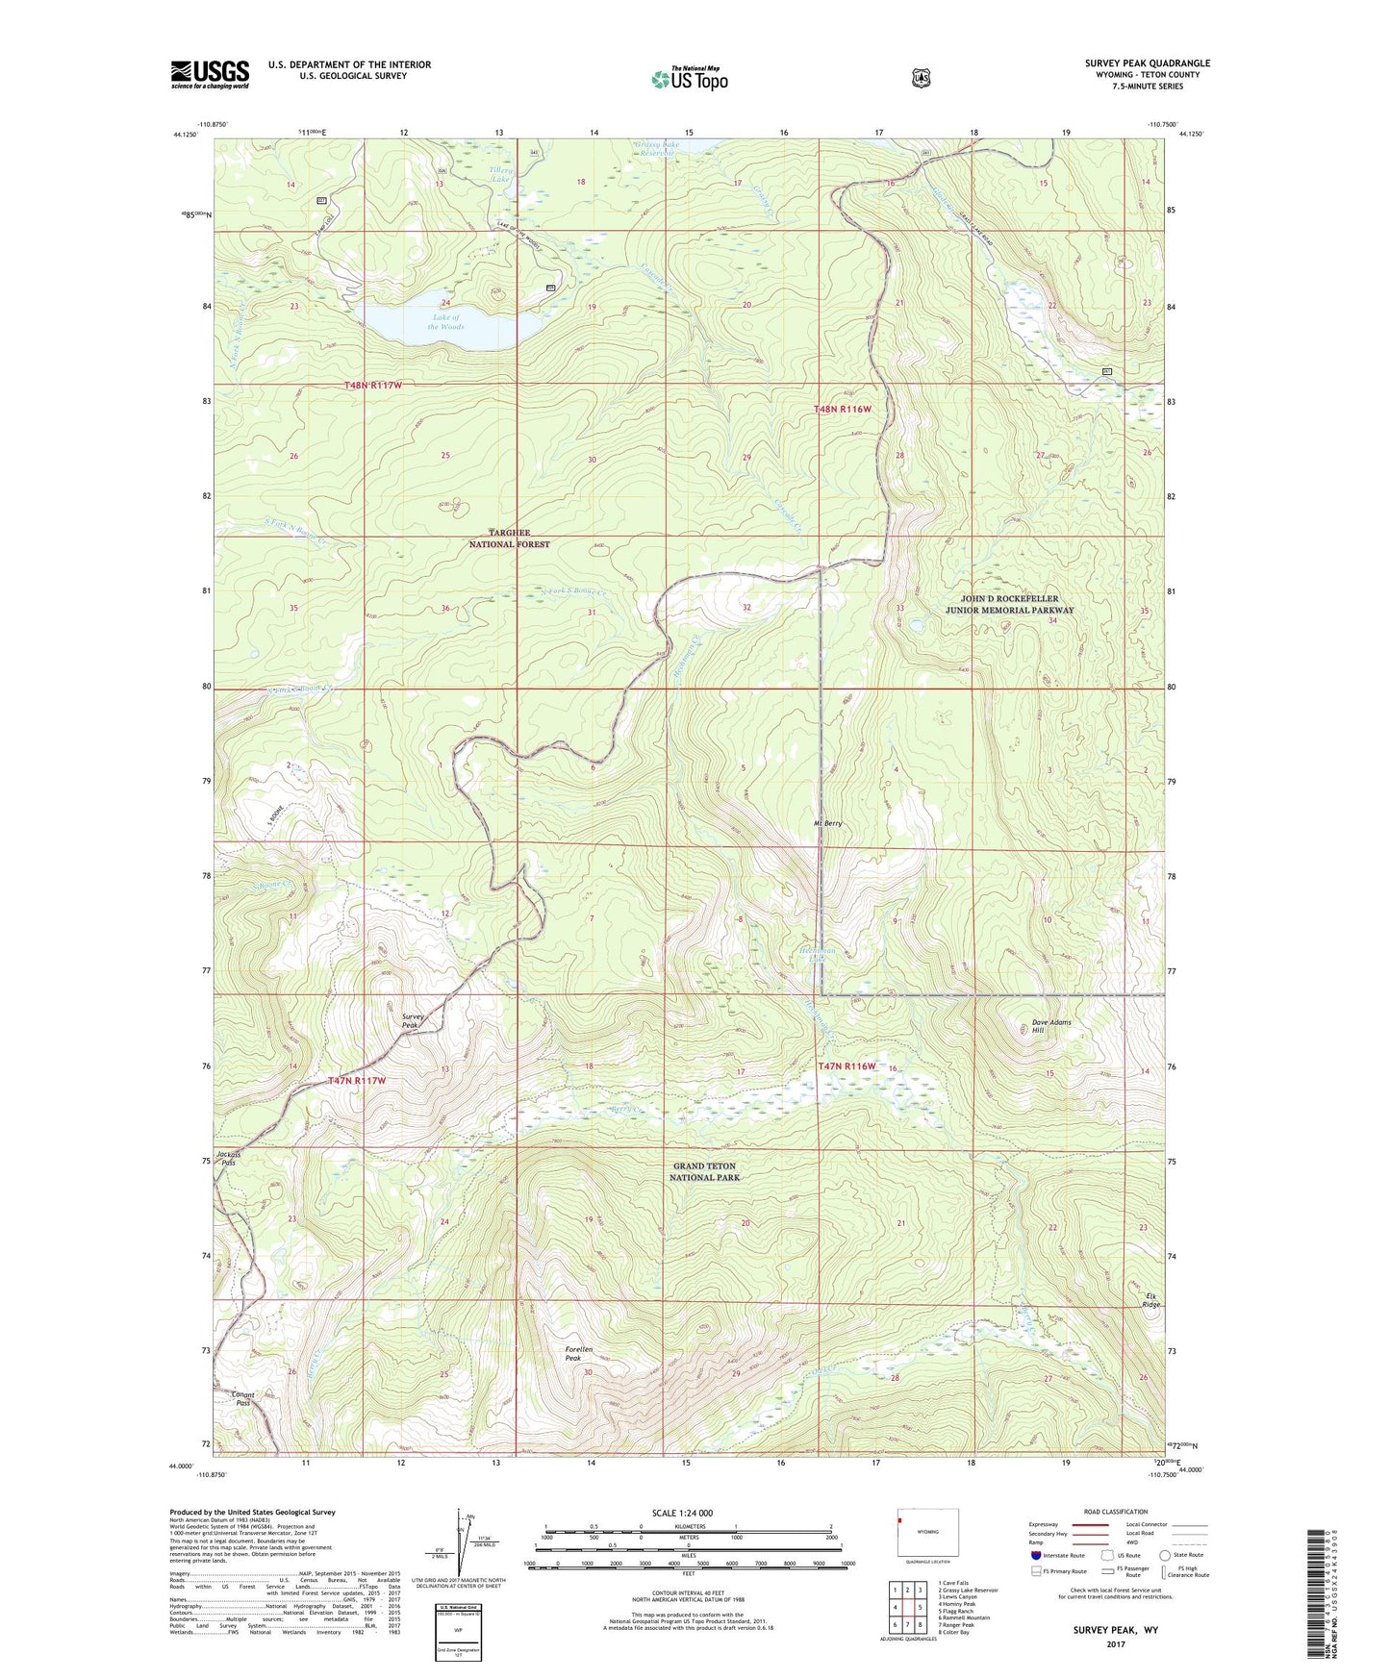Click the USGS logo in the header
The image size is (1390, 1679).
pyautogui.click(x=210, y=74)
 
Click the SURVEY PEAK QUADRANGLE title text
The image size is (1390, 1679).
pyautogui.click(x=1147, y=63)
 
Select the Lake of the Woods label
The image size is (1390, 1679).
pyautogui.click(x=446, y=322)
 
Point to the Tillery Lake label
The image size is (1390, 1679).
pyautogui.click(x=501, y=175)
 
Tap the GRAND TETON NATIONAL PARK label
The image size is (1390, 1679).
pyautogui.click(x=705, y=1171)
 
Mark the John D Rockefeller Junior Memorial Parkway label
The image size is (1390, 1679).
pyautogui.click(x=1009, y=604)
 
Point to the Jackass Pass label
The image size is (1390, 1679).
pyautogui.click(x=227, y=1158)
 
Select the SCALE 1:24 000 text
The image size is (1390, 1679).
pyautogui.click(x=682, y=1513)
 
